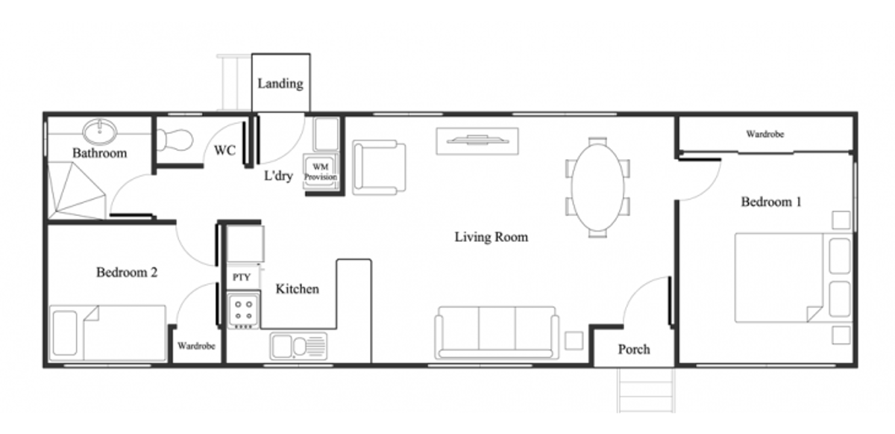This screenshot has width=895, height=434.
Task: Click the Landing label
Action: point(280,84)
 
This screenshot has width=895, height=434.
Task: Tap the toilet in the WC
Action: point(175,140)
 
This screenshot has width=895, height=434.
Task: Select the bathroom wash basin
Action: point(100,131)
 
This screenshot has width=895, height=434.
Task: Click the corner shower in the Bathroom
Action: point(76,190)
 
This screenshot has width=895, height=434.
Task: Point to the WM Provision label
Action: point(321,172)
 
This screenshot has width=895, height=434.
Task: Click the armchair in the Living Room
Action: point(379,167)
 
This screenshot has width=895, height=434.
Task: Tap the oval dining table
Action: point(597,187)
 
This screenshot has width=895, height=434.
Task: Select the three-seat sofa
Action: point(497,332)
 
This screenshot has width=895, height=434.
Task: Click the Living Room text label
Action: point(491,237)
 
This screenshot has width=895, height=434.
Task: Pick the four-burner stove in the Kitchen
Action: point(243,311)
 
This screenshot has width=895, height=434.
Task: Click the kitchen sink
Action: point(298,346)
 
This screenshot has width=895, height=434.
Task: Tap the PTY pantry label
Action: point(242,277)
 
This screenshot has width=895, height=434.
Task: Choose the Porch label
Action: point(634,350)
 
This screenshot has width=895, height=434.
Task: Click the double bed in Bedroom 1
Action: point(793,278)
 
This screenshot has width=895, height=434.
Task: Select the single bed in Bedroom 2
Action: point(107,333)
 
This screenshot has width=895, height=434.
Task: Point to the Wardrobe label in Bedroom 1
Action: point(764,134)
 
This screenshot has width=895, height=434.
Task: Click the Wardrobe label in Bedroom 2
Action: point(196,346)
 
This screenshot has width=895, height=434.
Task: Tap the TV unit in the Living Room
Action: point(477,140)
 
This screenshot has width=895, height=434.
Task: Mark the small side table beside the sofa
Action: point(574,341)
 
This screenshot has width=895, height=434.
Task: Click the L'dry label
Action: point(278,176)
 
